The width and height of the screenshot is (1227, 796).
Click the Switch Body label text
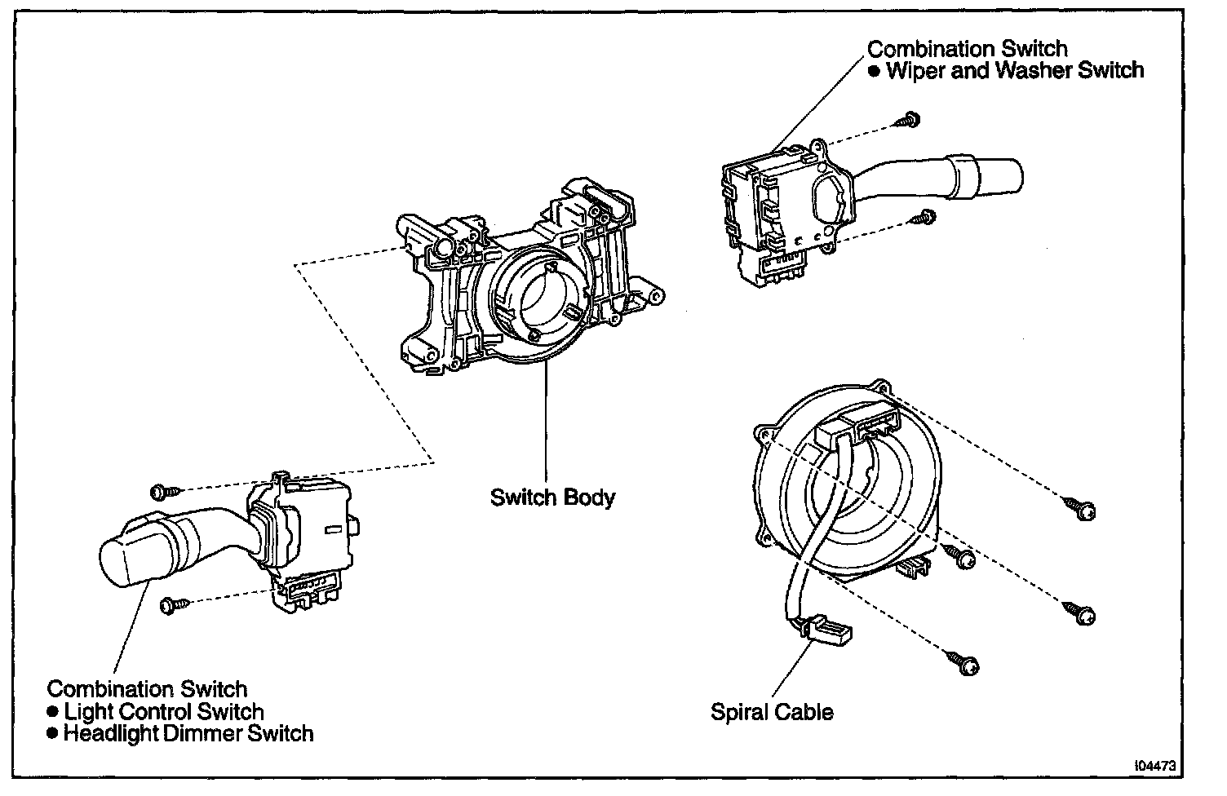(552, 497)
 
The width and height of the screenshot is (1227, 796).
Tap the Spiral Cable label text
(772, 712)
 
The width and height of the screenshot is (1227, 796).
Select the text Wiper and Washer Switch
(1015, 70)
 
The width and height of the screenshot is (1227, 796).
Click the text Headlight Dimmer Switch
(188, 733)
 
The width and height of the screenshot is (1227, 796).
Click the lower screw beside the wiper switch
(925, 217)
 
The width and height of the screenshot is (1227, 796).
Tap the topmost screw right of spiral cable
(1080, 508)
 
